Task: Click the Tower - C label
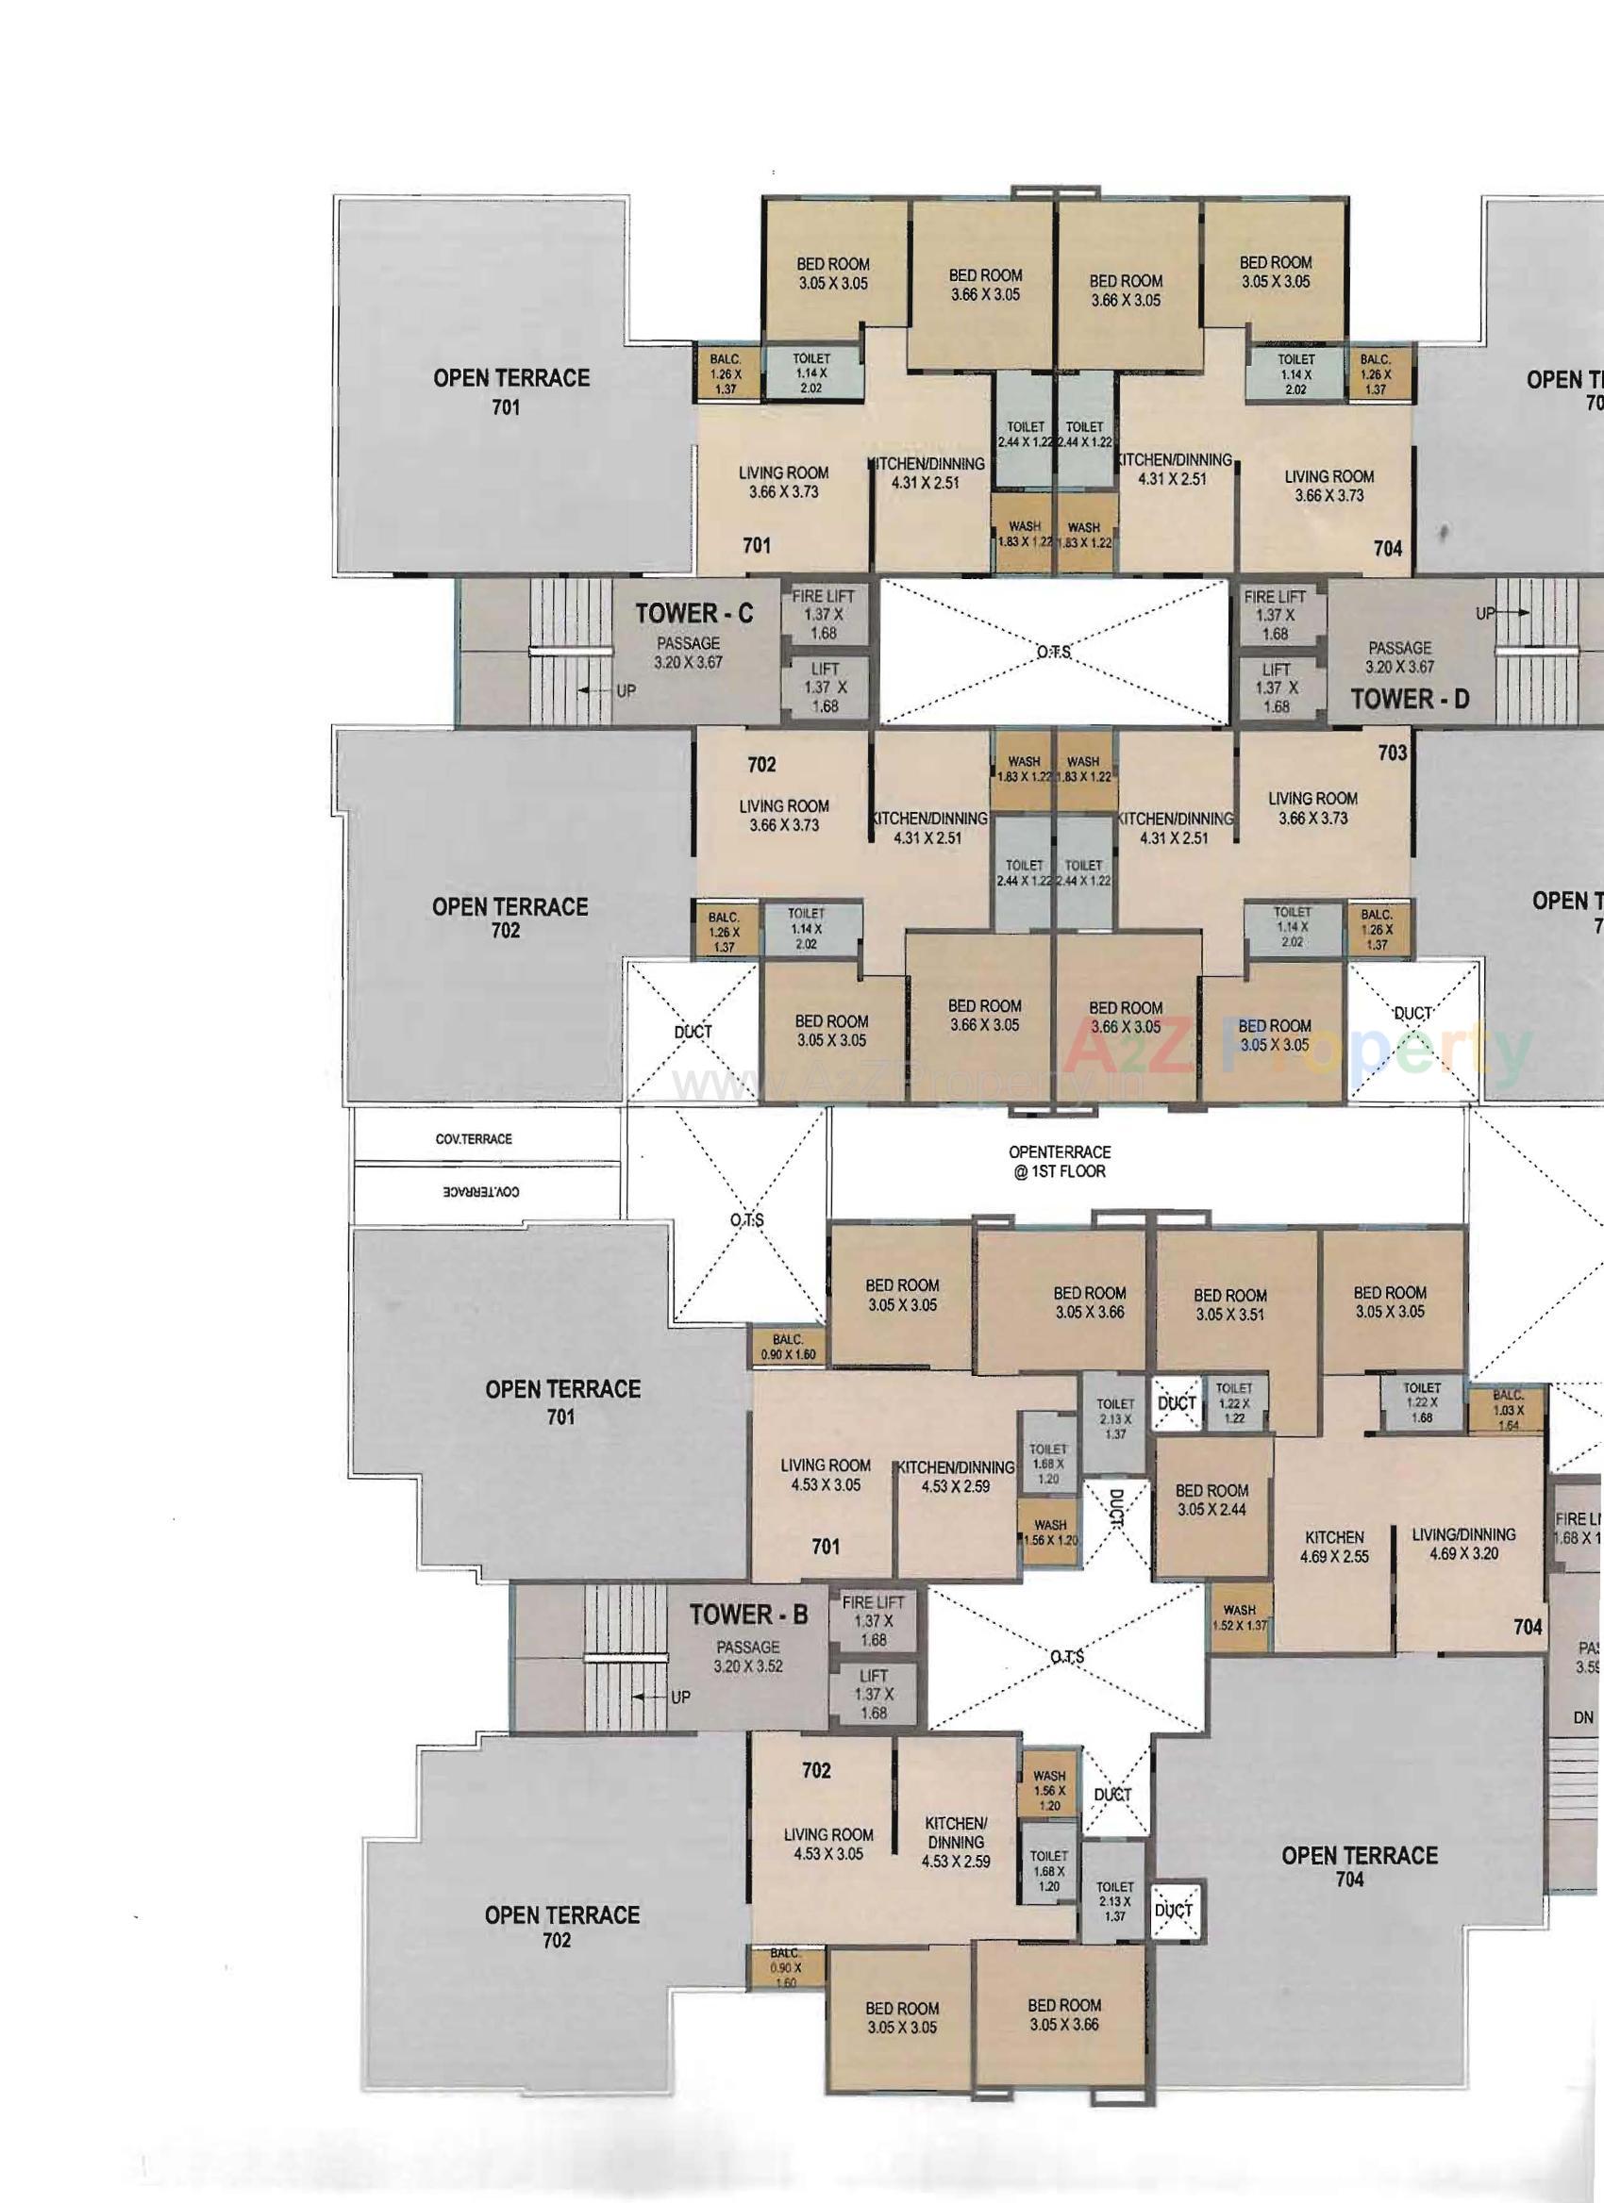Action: (693, 614)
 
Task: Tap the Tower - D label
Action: (1410, 698)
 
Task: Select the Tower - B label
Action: (748, 1615)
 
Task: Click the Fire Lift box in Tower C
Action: (824, 614)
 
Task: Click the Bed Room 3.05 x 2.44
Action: (1211, 1499)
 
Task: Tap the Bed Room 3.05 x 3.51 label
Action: (1230, 1305)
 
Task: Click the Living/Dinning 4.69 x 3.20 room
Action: (1463, 1544)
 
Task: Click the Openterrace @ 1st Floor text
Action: (1059, 1161)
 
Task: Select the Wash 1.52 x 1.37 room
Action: (1240, 1616)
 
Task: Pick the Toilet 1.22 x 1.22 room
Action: (1234, 1402)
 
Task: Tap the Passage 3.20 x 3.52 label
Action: (748, 1656)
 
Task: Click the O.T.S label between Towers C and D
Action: (1054, 652)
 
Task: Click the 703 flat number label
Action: (1392, 752)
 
